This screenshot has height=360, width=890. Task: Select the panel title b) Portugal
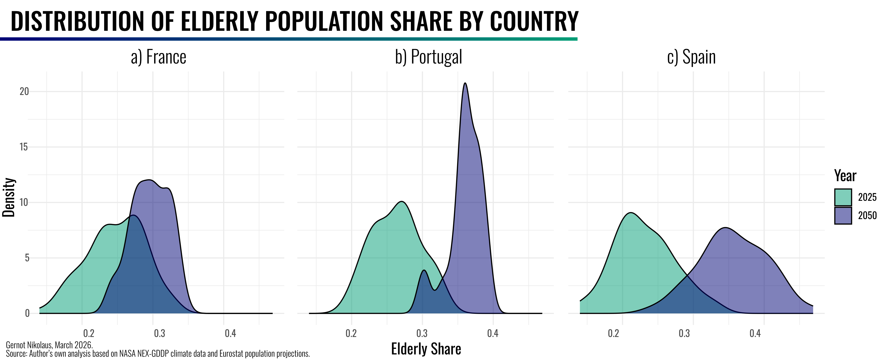coord(428,57)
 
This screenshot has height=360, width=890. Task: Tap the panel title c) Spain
coord(691,57)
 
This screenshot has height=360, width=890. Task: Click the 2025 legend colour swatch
coord(843,197)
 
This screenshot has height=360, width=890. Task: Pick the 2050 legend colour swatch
coord(843,216)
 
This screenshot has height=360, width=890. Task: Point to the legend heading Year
coord(845,176)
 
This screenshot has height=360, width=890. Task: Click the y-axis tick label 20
coord(24,92)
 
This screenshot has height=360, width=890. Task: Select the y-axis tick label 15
coord(24,147)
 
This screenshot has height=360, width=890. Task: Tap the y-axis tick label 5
coord(27,258)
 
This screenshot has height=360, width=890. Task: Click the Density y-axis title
coord(9,197)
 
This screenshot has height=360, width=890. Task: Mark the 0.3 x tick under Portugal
coord(422,333)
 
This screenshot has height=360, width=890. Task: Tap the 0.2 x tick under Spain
coord(613,333)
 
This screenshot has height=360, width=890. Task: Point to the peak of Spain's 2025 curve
coord(631,213)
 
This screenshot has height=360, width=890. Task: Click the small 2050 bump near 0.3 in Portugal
coord(424,271)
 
